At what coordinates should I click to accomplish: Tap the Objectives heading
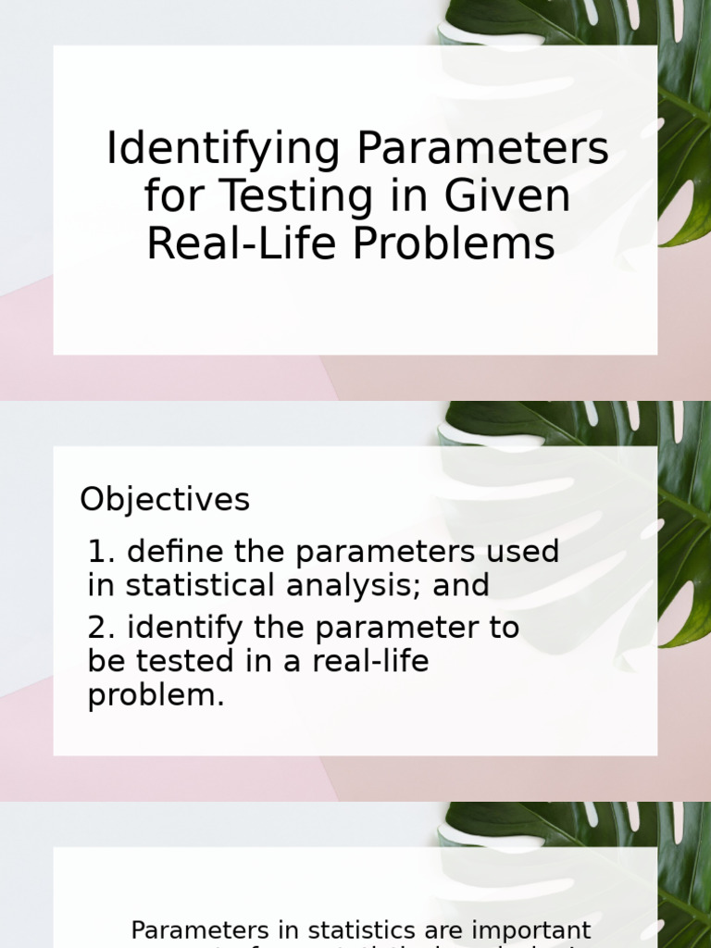pos(165,500)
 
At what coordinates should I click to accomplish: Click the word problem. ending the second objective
pos(156,696)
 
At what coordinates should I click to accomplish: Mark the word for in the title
pos(167,196)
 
